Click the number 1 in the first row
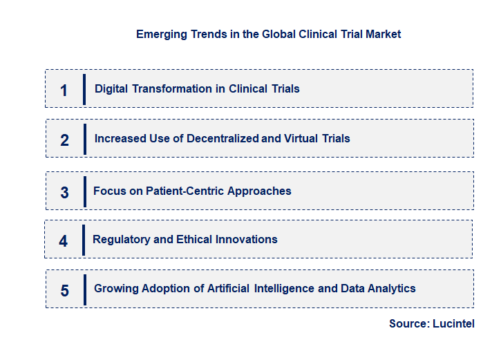click(64, 91)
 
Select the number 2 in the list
click(64, 140)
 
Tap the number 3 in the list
click(64, 193)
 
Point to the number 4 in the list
click(64, 241)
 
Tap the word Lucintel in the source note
click(453, 323)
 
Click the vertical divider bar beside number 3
click(84, 191)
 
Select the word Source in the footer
click(408, 323)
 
